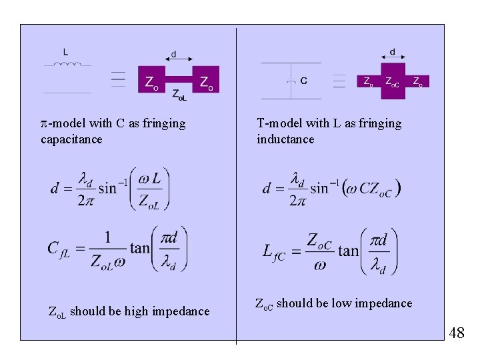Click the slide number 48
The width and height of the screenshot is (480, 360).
pyautogui.click(x=456, y=333)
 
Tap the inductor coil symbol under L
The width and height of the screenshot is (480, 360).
pyautogui.click(x=67, y=65)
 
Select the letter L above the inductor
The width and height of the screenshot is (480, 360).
pyautogui.click(x=65, y=51)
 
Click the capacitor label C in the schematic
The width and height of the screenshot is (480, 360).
pyautogui.click(x=304, y=81)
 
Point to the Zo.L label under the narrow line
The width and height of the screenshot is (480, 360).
pyautogui.click(x=179, y=95)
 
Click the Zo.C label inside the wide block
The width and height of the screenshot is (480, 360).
pyautogui.click(x=392, y=82)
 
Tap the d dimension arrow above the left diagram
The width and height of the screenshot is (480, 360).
pyautogui.click(x=174, y=59)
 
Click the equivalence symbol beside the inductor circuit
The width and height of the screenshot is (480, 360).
pyautogui.click(x=119, y=79)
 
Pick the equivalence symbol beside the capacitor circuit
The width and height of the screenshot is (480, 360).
pyautogui.click(x=339, y=80)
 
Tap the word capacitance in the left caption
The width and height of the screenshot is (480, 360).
pyautogui.click(x=71, y=139)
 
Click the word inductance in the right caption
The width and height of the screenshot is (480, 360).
pyautogui.click(x=285, y=139)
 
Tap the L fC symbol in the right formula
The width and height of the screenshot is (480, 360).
pyautogui.click(x=277, y=251)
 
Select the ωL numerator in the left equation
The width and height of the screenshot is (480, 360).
pyautogui.click(x=150, y=179)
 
